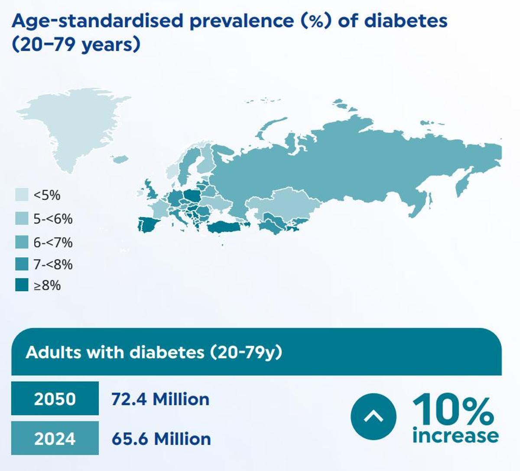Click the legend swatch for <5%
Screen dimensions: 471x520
point(22,195)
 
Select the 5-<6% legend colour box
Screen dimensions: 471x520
point(22,218)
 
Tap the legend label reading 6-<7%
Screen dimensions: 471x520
point(53,242)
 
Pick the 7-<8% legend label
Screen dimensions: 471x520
point(53,264)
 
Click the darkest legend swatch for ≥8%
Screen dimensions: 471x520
point(22,285)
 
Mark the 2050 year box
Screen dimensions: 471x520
point(55,399)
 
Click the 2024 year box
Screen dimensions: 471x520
point(55,438)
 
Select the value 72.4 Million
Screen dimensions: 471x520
point(160,399)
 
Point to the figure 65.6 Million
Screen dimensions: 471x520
point(161,438)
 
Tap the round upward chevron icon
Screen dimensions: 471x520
point(373,416)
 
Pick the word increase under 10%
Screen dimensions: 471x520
point(455,435)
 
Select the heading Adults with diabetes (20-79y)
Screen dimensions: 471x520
point(154,352)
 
